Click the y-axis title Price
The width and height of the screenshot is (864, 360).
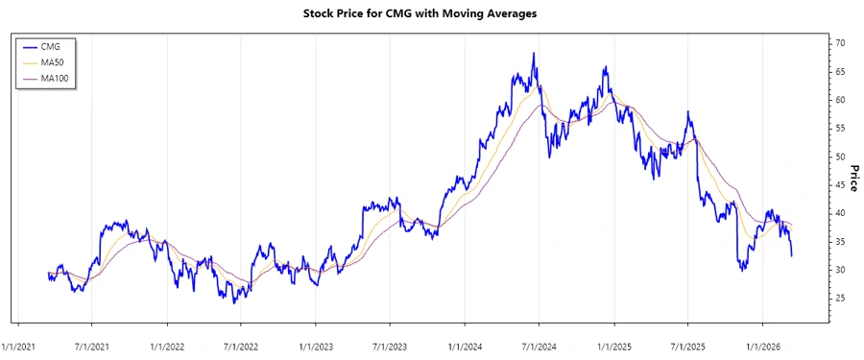pyautogui.click(x=853, y=178)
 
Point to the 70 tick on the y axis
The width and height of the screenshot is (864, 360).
pyautogui.click(x=839, y=44)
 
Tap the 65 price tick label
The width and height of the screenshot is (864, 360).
pyautogui.click(x=839, y=72)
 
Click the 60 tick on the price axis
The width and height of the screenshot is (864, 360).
pyautogui.click(x=839, y=101)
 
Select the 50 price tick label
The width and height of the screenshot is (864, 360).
pyautogui.click(x=839, y=157)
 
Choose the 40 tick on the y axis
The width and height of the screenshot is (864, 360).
pyautogui.click(x=839, y=213)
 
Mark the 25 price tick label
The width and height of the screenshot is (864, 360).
pyautogui.click(x=839, y=299)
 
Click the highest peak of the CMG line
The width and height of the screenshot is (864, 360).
pyautogui.click(x=534, y=54)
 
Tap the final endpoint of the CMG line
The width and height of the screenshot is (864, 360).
pyautogui.click(x=791, y=255)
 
